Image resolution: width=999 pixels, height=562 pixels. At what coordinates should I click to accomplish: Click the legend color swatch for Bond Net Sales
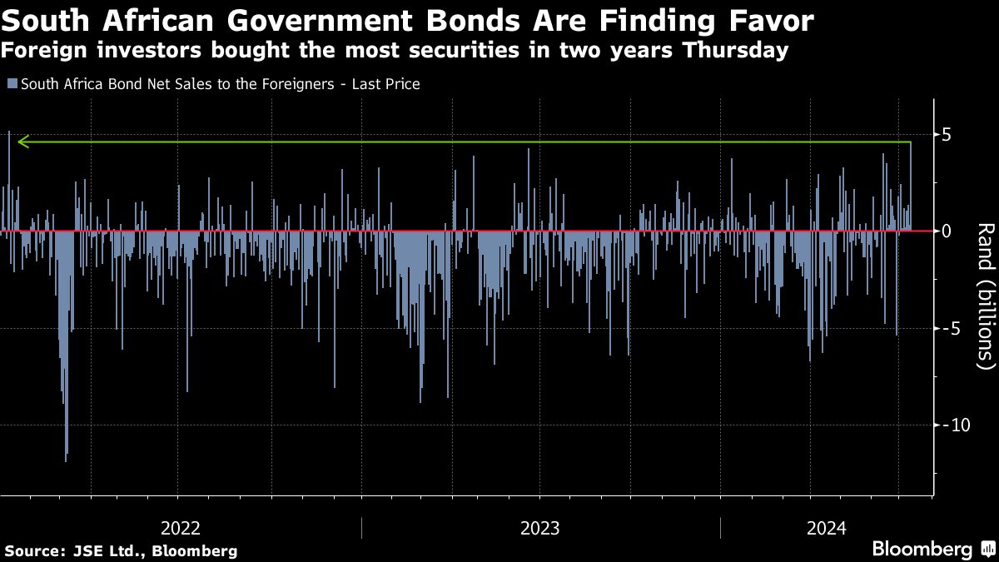(x=12, y=84)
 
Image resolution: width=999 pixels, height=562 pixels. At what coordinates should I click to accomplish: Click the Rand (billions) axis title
(x=984, y=296)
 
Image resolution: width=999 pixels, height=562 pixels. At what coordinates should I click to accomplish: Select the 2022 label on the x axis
(x=180, y=528)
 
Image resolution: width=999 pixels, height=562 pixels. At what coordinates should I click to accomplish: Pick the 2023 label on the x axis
(x=539, y=528)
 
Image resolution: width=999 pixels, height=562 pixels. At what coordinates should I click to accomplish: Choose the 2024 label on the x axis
(x=826, y=528)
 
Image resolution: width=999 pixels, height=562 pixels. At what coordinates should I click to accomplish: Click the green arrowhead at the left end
(x=23, y=142)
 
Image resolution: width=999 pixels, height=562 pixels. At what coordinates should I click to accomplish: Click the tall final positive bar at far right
(x=911, y=187)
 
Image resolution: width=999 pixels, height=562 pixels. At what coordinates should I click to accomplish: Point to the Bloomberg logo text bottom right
(x=922, y=550)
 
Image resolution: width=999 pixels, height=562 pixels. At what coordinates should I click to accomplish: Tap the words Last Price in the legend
(x=391, y=84)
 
